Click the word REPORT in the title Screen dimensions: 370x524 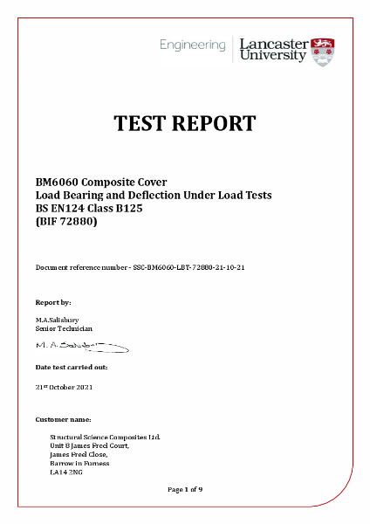click(217, 123)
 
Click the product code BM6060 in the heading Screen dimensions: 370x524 click(58, 181)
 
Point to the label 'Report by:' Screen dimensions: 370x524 click(53, 301)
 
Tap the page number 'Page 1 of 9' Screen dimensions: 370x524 click(185, 489)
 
